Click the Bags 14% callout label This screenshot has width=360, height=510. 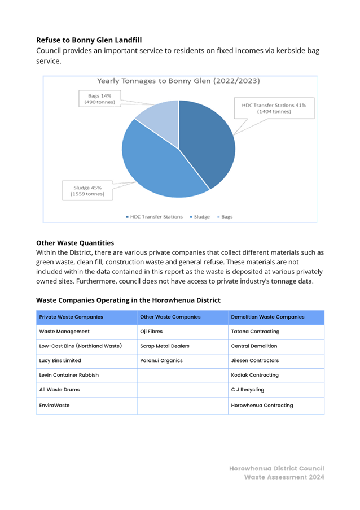pos(100,99)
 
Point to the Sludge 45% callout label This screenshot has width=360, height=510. pos(87,190)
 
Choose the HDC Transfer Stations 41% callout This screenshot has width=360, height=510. pos(274,108)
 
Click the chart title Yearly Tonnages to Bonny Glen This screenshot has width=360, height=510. pos(178,81)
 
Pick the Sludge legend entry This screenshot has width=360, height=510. pos(200,217)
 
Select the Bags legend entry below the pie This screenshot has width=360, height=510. pos(225,217)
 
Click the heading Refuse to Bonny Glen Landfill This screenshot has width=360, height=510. pos(89,40)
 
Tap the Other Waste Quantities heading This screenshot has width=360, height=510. pos(75,243)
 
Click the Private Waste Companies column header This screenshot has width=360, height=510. pos(71,317)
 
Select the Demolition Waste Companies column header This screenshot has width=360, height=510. pos(267,317)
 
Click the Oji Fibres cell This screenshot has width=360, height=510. pos(151,332)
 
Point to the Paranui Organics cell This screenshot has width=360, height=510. pos(161,360)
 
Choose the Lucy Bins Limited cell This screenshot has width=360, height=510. pos(60,360)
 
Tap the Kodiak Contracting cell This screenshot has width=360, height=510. pos(254,375)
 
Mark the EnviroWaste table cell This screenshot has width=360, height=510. pos(54,406)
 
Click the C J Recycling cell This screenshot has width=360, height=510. pos(248,390)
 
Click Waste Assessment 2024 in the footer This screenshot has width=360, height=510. pos(284,477)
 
